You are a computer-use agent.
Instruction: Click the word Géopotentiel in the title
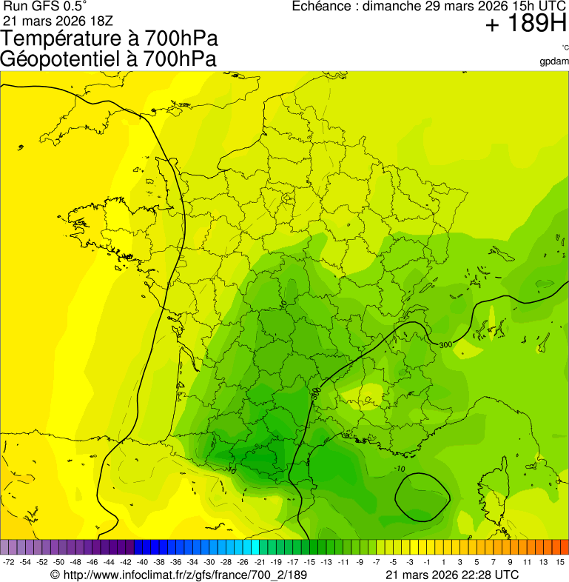point(58,58)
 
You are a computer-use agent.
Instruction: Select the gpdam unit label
point(553,61)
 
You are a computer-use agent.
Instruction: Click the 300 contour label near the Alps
point(445,345)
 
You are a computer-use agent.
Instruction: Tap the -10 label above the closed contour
point(400,469)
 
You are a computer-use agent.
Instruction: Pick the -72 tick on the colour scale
point(9,563)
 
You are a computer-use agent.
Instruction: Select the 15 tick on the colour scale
point(560,563)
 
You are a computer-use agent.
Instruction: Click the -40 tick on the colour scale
point(141,563)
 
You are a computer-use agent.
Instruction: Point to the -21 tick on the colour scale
point(261,563)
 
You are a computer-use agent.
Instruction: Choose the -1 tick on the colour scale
point(427,563)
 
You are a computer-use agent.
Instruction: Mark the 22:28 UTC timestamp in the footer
point(482,575)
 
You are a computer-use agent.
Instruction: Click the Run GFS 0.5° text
point(44,7)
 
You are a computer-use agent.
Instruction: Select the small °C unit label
point(565,48)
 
